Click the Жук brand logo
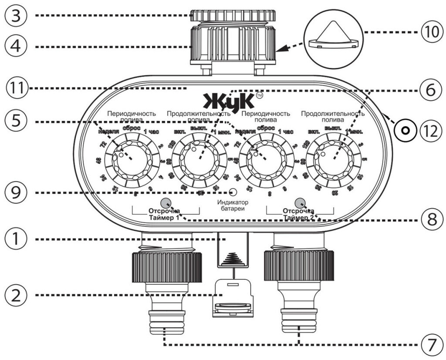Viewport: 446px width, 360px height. pos(228,101)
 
